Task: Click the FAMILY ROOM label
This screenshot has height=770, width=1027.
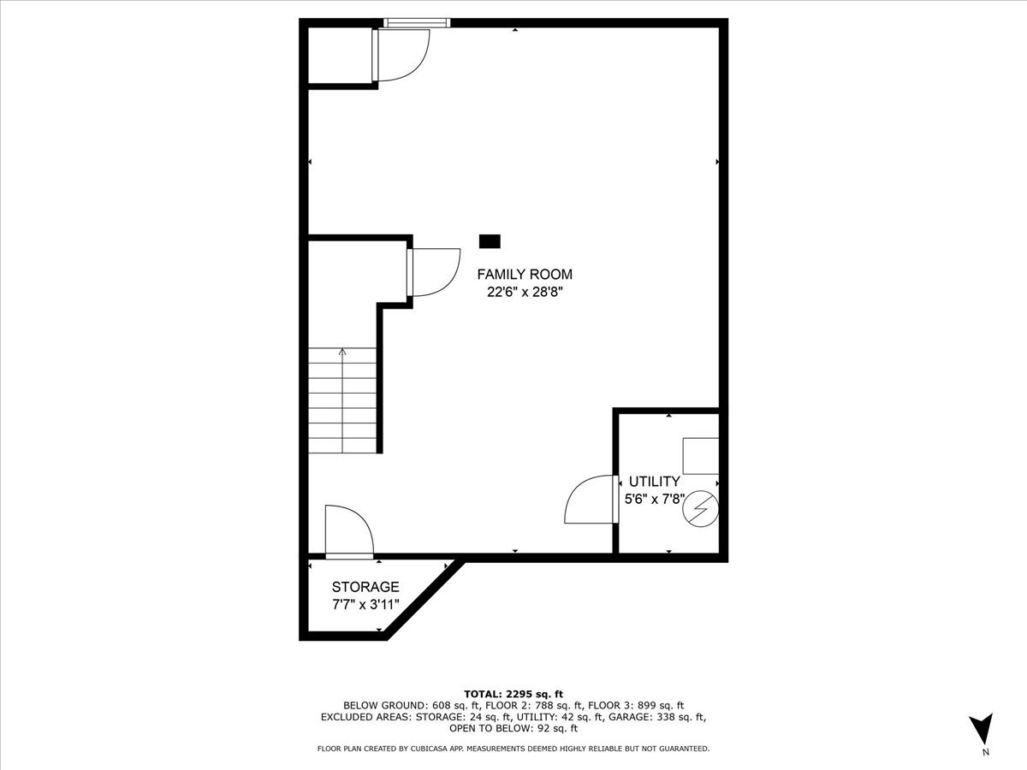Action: (x=524, y=275)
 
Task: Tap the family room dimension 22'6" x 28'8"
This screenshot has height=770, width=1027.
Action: (x=524, y=292)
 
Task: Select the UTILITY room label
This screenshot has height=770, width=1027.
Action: (x=655, y=482)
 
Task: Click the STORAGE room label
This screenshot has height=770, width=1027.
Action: (x=365, y=587)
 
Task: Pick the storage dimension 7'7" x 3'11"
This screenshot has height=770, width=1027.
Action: (x=365, y=604)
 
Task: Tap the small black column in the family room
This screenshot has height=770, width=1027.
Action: (x=490, y=241)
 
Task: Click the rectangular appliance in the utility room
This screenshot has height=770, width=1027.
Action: (x=700, y=456)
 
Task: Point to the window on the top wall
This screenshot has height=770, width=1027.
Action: (x=416, y=23)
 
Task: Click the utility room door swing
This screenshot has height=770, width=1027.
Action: (x=589, y=500)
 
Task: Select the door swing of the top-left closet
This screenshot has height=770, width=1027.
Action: (x=401, y=55)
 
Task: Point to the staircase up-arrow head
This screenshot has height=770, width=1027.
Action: (x=342, y=351)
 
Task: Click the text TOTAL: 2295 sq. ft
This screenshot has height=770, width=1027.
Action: (x=513, y=694)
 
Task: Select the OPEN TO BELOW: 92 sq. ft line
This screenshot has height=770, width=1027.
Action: (x=513, y=729)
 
